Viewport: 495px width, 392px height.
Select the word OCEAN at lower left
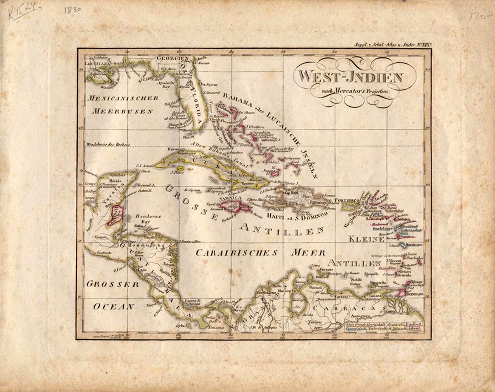click(113, 306)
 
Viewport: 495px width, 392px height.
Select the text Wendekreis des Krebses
click(108, 144)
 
